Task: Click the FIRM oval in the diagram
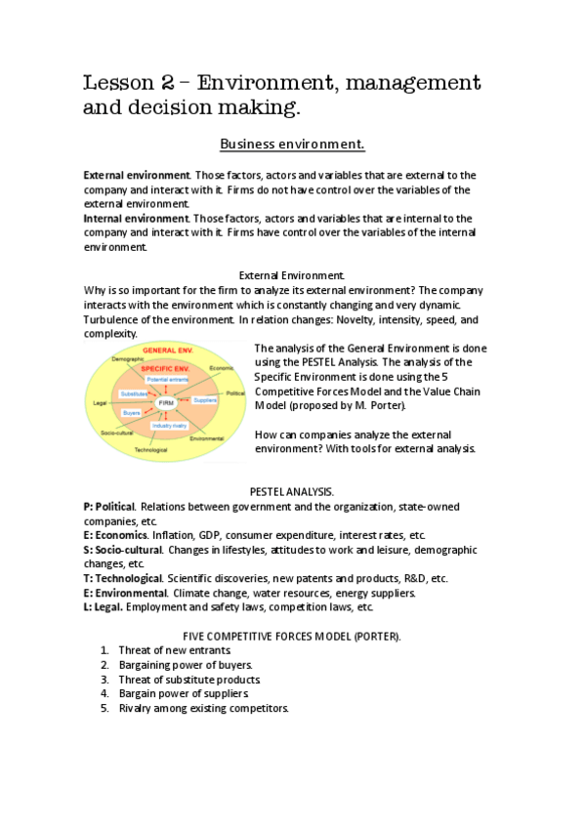point(165,401)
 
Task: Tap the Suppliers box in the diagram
point(205,400)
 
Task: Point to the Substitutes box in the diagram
point(133,393)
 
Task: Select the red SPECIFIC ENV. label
point(163,368)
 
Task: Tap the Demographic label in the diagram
point(127,358)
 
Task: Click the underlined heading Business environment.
point(292,145)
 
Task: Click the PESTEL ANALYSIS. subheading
point(292,493)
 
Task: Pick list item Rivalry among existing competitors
point(203,708)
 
